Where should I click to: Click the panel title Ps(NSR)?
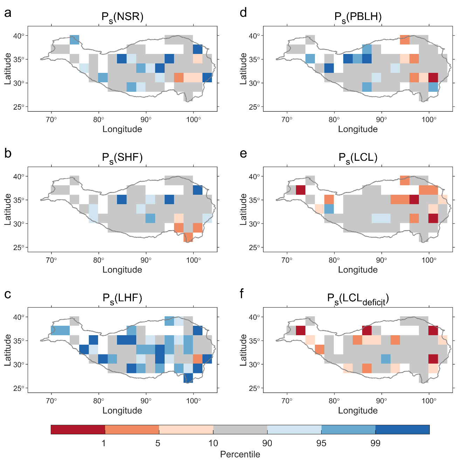(122, 17)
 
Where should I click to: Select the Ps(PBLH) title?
(358, 17)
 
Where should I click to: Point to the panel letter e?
(243, 153)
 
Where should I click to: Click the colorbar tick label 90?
(267, 443)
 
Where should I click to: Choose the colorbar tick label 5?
(158, 443)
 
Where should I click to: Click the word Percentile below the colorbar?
(240, 454)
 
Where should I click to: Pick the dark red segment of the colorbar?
(78, 429)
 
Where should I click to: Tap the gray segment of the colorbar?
(240, 429)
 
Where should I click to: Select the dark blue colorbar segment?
(402, 429)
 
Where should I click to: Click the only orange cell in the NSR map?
(179, 77)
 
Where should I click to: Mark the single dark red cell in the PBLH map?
(433, 77)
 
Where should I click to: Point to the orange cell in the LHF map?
(198, 359)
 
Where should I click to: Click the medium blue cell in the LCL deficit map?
(386, 359)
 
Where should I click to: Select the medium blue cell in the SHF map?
(150, 218)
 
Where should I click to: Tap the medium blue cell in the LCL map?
(329, 209)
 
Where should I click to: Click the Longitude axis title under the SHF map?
(122, 270)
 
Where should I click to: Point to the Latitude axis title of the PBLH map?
(243, 69)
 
